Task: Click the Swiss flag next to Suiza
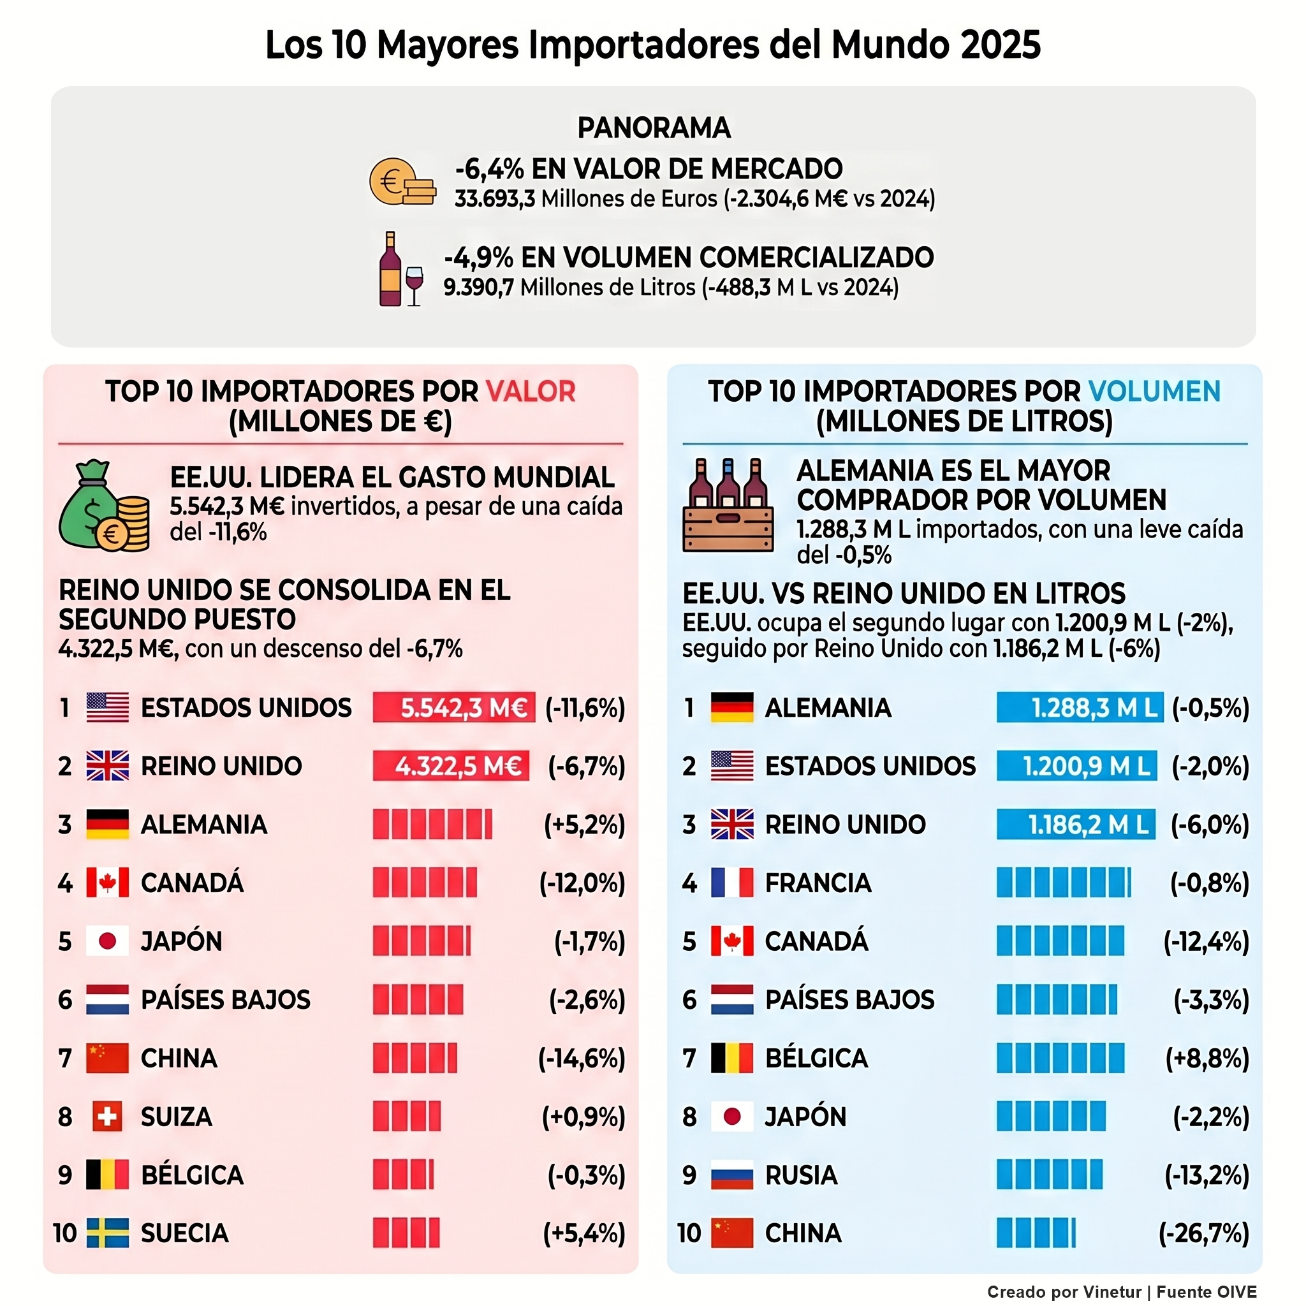click(106, 1116)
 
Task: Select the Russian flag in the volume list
click(731, 1175)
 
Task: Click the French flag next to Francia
click(731, 882)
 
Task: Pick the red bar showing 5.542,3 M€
click(453, 707)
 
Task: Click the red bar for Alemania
click(432, 824)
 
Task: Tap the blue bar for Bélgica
click(1059, 1058)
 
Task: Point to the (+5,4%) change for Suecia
click(584, 1233)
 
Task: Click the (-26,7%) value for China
click(1204, 1233)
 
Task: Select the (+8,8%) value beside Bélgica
click(1207, 1058)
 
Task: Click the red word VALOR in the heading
click(531, 392)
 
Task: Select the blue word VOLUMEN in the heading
click(1154, 392)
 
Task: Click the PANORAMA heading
click(654, 128)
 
